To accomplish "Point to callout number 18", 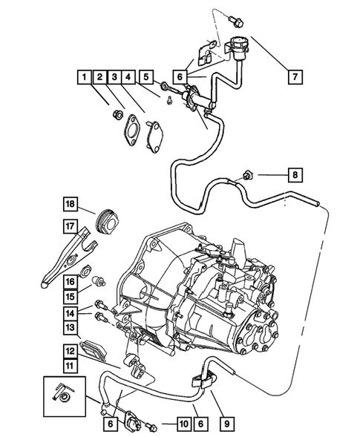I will (x=70, y=206).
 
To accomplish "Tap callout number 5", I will (x=147, y=76).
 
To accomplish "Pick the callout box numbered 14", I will (x=69, y=313).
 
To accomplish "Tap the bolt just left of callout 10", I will (x=152, y=425).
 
